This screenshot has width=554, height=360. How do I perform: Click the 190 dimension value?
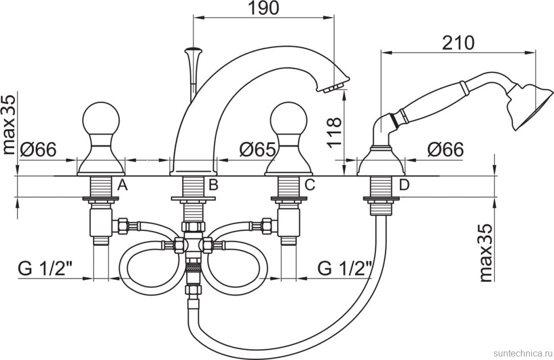263,8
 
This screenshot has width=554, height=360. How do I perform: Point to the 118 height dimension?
335,132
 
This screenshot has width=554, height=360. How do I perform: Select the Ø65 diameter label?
257,150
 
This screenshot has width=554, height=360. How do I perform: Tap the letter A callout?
122,184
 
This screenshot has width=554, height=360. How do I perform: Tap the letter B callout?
213,184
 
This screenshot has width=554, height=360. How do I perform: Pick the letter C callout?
310,184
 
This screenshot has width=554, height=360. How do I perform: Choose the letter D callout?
404,184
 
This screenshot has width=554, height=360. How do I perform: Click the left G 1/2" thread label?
45,268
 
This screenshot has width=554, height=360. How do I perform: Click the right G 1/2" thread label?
345,268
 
